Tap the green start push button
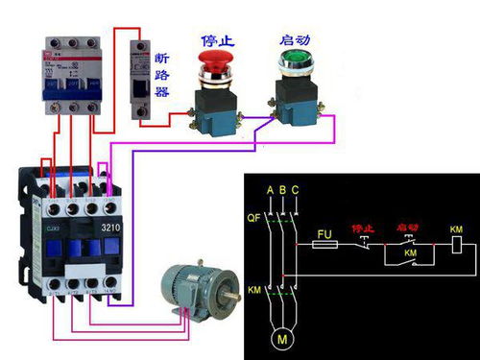[x=290, y=63]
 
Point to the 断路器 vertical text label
[x=162, y=75]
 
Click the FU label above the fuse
[x=324, y=233]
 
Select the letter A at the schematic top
[x=270, y=189]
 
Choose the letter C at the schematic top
[x=296, y=189]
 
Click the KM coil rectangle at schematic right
[x=456, y=246]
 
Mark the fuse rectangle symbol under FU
[x=325, y=246]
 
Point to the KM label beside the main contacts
[x=254, y=288]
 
